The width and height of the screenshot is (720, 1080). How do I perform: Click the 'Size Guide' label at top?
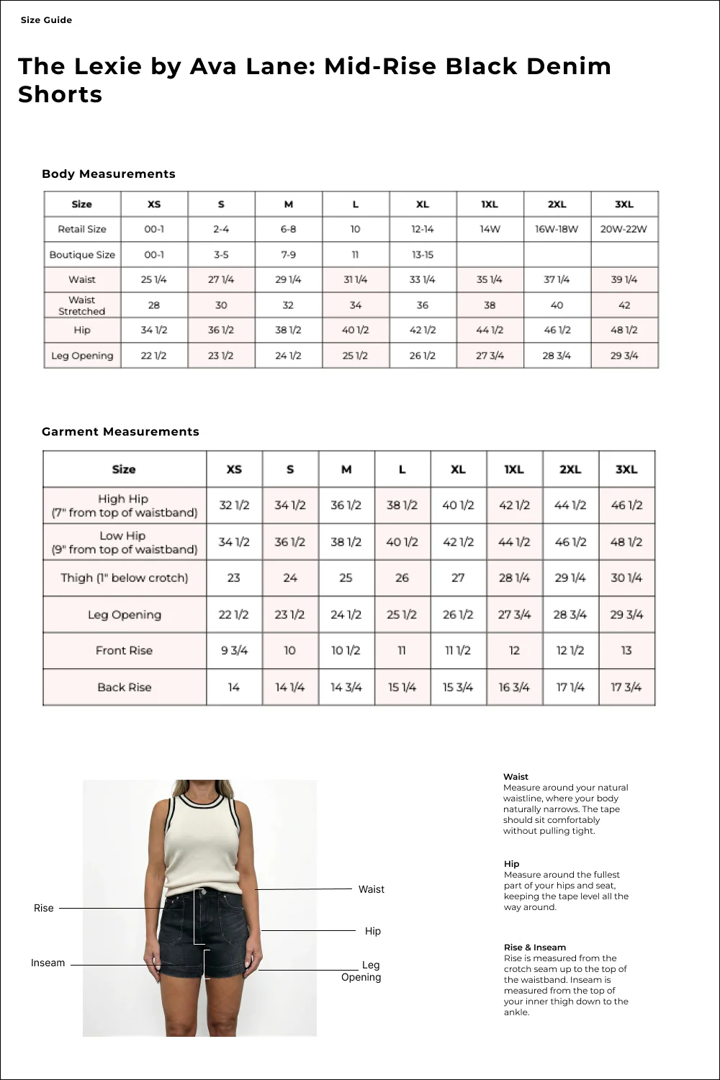46,20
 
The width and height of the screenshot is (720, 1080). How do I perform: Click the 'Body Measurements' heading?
109,174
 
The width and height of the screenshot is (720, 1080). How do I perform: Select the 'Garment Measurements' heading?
120,431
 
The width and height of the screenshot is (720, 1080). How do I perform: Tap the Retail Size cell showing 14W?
490,229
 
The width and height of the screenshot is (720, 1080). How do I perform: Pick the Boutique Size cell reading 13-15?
423,254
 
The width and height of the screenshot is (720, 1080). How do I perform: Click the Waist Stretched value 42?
624,305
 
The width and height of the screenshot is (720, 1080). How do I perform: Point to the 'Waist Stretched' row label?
81,305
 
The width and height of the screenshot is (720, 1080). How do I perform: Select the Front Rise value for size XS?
234,650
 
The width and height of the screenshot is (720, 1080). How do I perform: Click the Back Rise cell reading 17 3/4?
626,687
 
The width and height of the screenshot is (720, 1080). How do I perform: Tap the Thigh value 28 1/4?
514,577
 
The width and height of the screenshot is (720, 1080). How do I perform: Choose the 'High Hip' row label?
124,505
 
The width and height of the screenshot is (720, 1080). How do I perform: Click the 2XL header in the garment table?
570,469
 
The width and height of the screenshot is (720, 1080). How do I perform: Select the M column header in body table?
288,204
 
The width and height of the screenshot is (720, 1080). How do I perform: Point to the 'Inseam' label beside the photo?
48,963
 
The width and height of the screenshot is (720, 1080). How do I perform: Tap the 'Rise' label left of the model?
44,908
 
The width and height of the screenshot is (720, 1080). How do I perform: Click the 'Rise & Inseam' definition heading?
534,948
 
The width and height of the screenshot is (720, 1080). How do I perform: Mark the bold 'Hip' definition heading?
511,864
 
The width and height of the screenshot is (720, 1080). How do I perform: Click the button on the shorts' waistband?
201,893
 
